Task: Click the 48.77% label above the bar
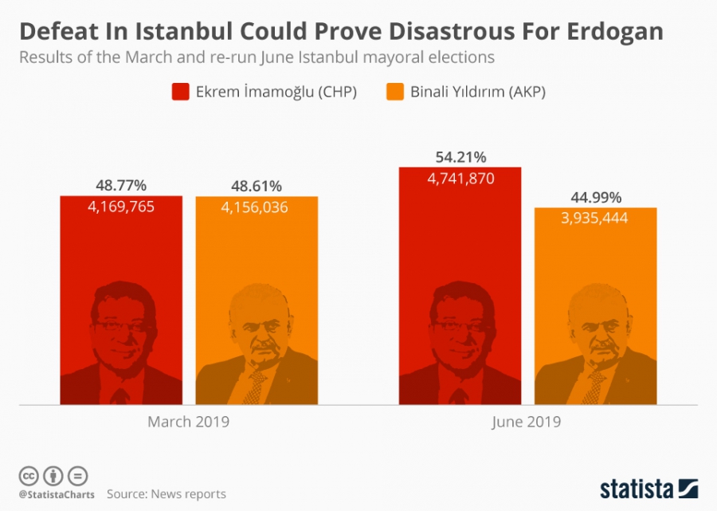click(x=121, y=186)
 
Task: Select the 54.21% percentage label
click(x=460, y=157)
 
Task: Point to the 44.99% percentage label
click(x=596, y=198)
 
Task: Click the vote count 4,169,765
click(x=121, y=206)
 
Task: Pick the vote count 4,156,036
click(x=257, y=207)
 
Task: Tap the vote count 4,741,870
click(x=460, y=179)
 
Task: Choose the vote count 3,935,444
click(x=596, y=218)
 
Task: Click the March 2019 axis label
click(x=188, y=422)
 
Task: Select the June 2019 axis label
click(x=527, y=422)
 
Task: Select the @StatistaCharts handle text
click(x=56, y=494)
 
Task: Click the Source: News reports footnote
click(x=167, y=494)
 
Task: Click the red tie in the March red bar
click(x=120, y=396)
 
